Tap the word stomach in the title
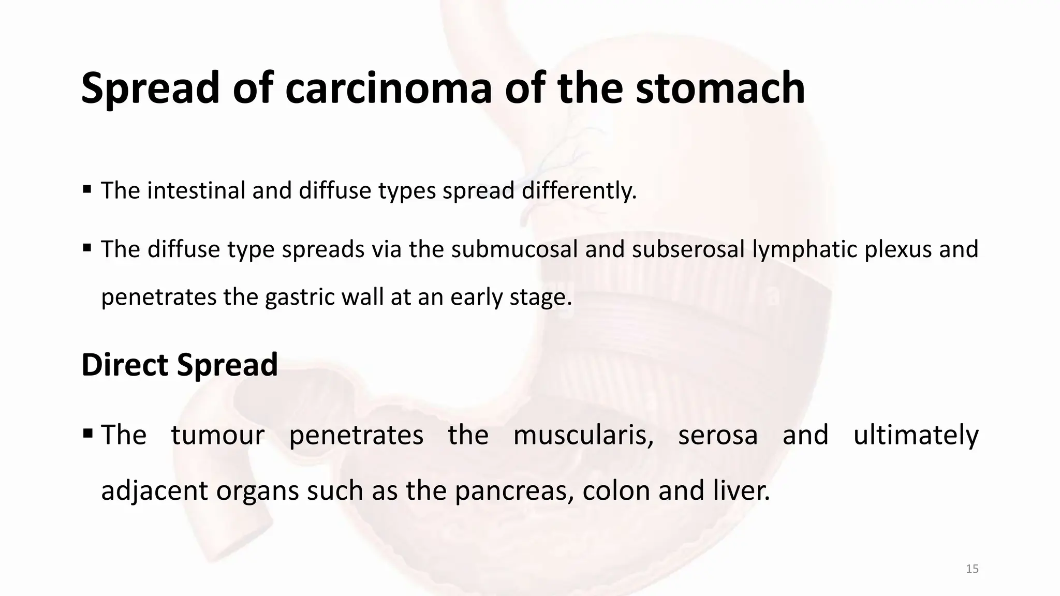pos(720,88)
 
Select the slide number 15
pos(972,569)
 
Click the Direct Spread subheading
pos(180,365)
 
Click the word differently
pos(579,190)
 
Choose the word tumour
pos(217,435)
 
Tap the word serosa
pos(718,436)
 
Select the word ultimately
pos(916,436)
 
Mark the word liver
pos(741,490)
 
